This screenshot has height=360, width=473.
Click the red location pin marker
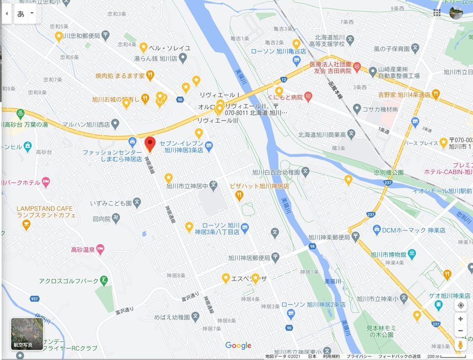(x=150, y=144)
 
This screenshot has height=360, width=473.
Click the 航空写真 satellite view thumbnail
(x=27, y=333)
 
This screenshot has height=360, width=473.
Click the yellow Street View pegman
(x=460, y=344)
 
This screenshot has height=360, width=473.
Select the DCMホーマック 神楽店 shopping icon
(x=377, y=230)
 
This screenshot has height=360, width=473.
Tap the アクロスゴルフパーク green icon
(x=103, y=281)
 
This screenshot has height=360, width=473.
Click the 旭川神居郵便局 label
(x=249, y=258)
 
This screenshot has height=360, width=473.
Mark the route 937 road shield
(x=34, y=298)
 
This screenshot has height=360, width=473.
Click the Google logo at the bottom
(x=238, y=346)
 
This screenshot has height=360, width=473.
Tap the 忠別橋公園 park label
(x=388, y=172)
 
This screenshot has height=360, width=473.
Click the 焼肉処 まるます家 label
(x=120, y=76)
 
